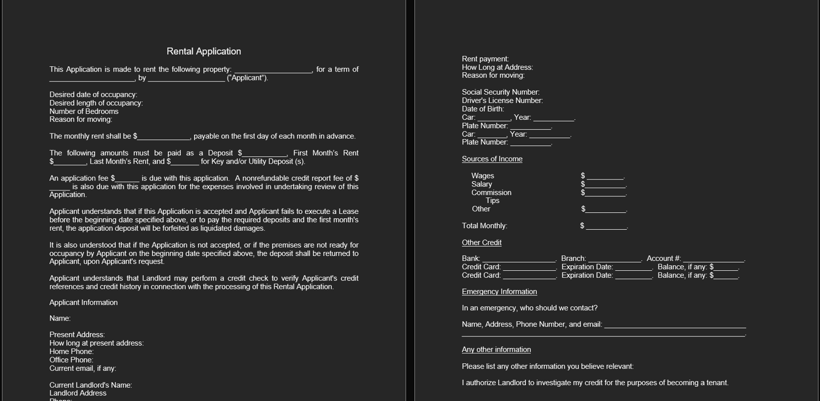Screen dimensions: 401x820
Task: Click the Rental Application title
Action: [203, 51]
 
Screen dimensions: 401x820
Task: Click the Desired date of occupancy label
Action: [93, 95]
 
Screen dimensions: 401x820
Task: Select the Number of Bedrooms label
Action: [84, 111]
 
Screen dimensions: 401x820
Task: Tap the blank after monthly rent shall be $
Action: [163, 136]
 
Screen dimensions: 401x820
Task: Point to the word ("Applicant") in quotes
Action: [247, 78]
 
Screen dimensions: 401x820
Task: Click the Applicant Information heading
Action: [83, 303]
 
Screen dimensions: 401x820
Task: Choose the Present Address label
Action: [77, 335]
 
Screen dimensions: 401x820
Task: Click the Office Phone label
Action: [71, 360]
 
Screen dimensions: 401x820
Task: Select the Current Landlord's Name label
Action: [90, 385]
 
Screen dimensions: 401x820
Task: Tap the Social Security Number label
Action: [500, 92]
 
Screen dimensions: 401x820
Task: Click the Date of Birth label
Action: [483, 109]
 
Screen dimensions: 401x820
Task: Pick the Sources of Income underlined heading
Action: [492, 159]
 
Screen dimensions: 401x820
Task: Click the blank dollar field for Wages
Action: [605, 176]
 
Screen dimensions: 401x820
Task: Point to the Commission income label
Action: [491, 193]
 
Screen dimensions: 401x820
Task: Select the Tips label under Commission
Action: [493, 201]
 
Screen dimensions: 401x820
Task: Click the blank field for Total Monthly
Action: [606, 226]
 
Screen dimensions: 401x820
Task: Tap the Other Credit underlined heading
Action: [482, 243]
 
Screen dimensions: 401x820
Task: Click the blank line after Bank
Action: [519, 259]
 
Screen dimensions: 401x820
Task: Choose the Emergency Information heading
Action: [499, 292]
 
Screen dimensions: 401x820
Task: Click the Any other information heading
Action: [496, 350]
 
